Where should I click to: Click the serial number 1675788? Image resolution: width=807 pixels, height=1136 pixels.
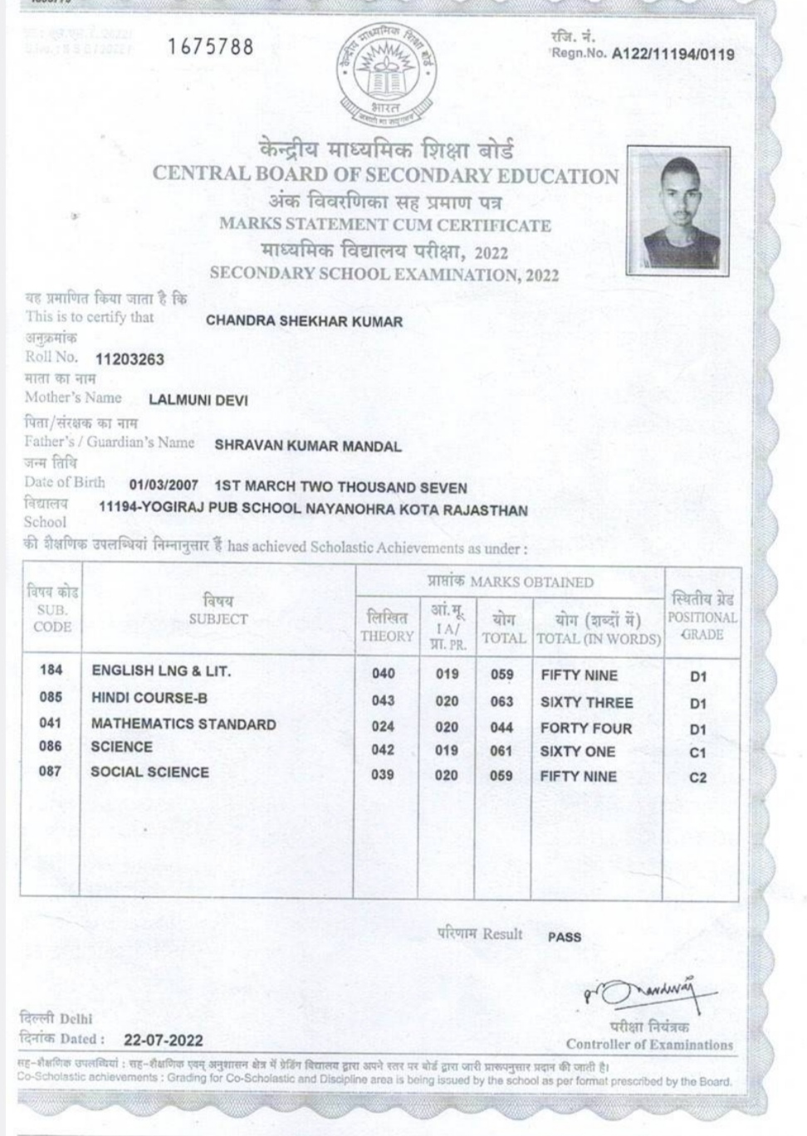(x=210, y=47)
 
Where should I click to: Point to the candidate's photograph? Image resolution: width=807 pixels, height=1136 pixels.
(x=679, y=209)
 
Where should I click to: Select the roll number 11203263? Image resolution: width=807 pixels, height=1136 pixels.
(x=130, y=359)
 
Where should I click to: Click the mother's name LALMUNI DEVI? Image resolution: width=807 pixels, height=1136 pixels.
(x=198, y=401)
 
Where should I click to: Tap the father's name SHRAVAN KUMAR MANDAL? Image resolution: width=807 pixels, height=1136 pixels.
(x=308, y=446)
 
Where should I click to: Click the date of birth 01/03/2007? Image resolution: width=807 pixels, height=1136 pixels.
(x=164, y=487)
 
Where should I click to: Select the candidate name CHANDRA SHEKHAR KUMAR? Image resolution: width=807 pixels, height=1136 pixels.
(x=304, y=321)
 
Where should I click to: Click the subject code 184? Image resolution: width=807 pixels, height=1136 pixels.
(x=51, y=670)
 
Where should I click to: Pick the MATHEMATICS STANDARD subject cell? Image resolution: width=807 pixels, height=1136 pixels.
(x=183, y=724)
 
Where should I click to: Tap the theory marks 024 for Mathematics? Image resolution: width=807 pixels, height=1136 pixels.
(x=383, y=728)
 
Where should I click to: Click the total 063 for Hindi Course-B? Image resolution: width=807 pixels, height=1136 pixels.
(x=501, y=702)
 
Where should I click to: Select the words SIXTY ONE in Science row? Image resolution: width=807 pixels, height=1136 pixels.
(x=578, y=752)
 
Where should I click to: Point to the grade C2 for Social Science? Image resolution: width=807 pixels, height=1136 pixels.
(x=697, y=778)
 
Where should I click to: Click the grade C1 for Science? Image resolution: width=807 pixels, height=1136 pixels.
(x=697, y=753)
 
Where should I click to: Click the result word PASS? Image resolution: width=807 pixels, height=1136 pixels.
(x=565, y=937)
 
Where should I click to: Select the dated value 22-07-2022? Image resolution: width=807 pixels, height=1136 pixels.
(x=164, y=1040)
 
